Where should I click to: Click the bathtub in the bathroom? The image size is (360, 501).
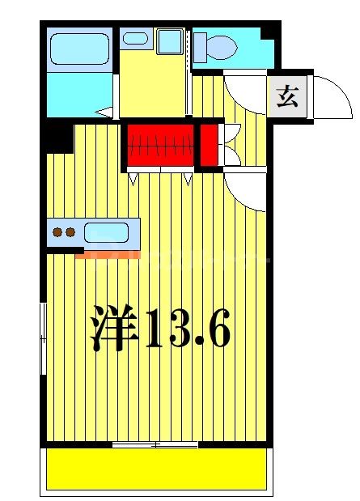79,49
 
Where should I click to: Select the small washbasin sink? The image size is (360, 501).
135,38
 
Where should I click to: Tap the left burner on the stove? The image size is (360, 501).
57,233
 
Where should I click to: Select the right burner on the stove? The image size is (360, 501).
70,233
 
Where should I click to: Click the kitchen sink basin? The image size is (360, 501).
105,233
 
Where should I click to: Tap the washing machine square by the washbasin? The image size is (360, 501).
170,41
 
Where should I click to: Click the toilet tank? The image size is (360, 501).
199,46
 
